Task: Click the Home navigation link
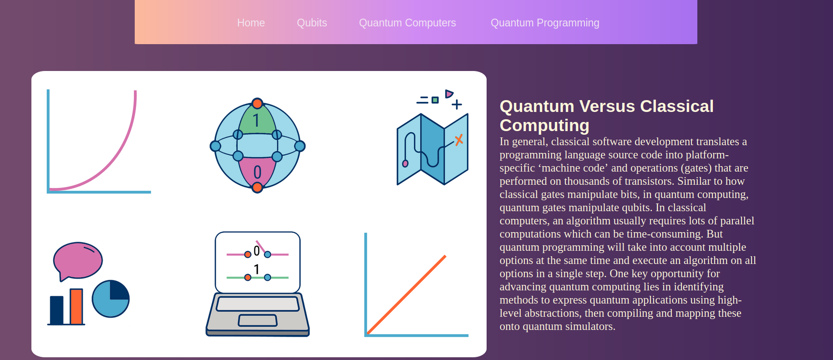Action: click(x=251, y=23)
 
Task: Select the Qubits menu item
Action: click(x=312, y=23)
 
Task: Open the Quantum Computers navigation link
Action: click(x=407, y=23)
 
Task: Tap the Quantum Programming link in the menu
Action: click(x=545, y=23)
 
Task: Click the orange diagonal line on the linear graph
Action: click(x=406, y=295)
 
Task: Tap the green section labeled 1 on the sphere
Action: click(x=257, y=119)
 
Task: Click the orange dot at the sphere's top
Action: click(x=257, y=103)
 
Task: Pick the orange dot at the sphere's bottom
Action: click(x=257, y=187)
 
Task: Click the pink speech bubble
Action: click(x=78, y=261)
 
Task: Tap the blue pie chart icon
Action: click(x=111, y=299)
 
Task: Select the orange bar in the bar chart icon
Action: click(x=76, y=307)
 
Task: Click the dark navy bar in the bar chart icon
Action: click(x=56, y=310)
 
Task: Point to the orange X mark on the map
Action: click(x=459, y=140)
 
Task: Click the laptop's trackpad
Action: click(x=258, y=320)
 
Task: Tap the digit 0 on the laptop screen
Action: click(x=257, y=251)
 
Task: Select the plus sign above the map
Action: click(x=457, y=105)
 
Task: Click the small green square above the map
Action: click(x=435, y=100)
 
